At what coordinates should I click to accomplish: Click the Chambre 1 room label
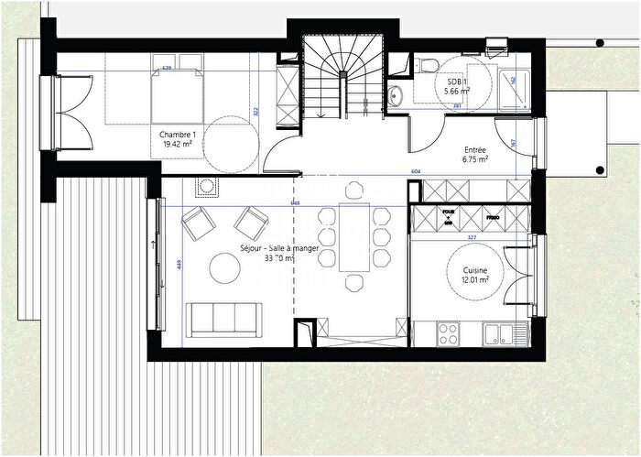[178, 134]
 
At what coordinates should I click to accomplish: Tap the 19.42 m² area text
[178, 144]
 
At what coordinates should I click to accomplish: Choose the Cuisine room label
[475, 270]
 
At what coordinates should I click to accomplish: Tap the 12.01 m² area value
[475, 281]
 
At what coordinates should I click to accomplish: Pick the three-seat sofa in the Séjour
[221, 317]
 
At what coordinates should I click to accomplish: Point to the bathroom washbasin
[396, 94]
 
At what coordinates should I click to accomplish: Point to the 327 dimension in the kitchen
[473, 236]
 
